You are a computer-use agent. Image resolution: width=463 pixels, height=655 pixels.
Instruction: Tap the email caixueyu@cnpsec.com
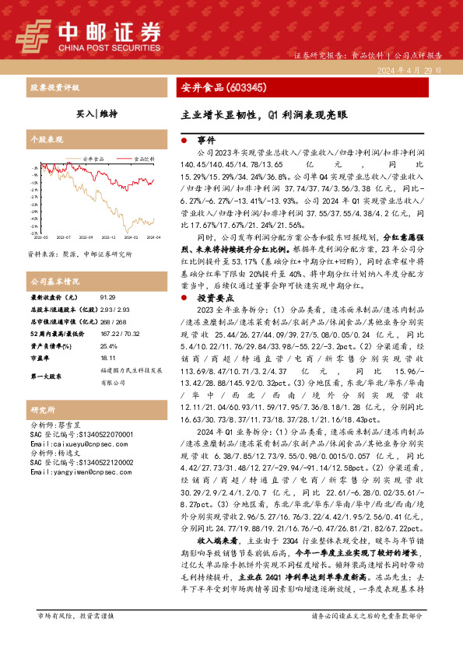[x=68, y=443]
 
